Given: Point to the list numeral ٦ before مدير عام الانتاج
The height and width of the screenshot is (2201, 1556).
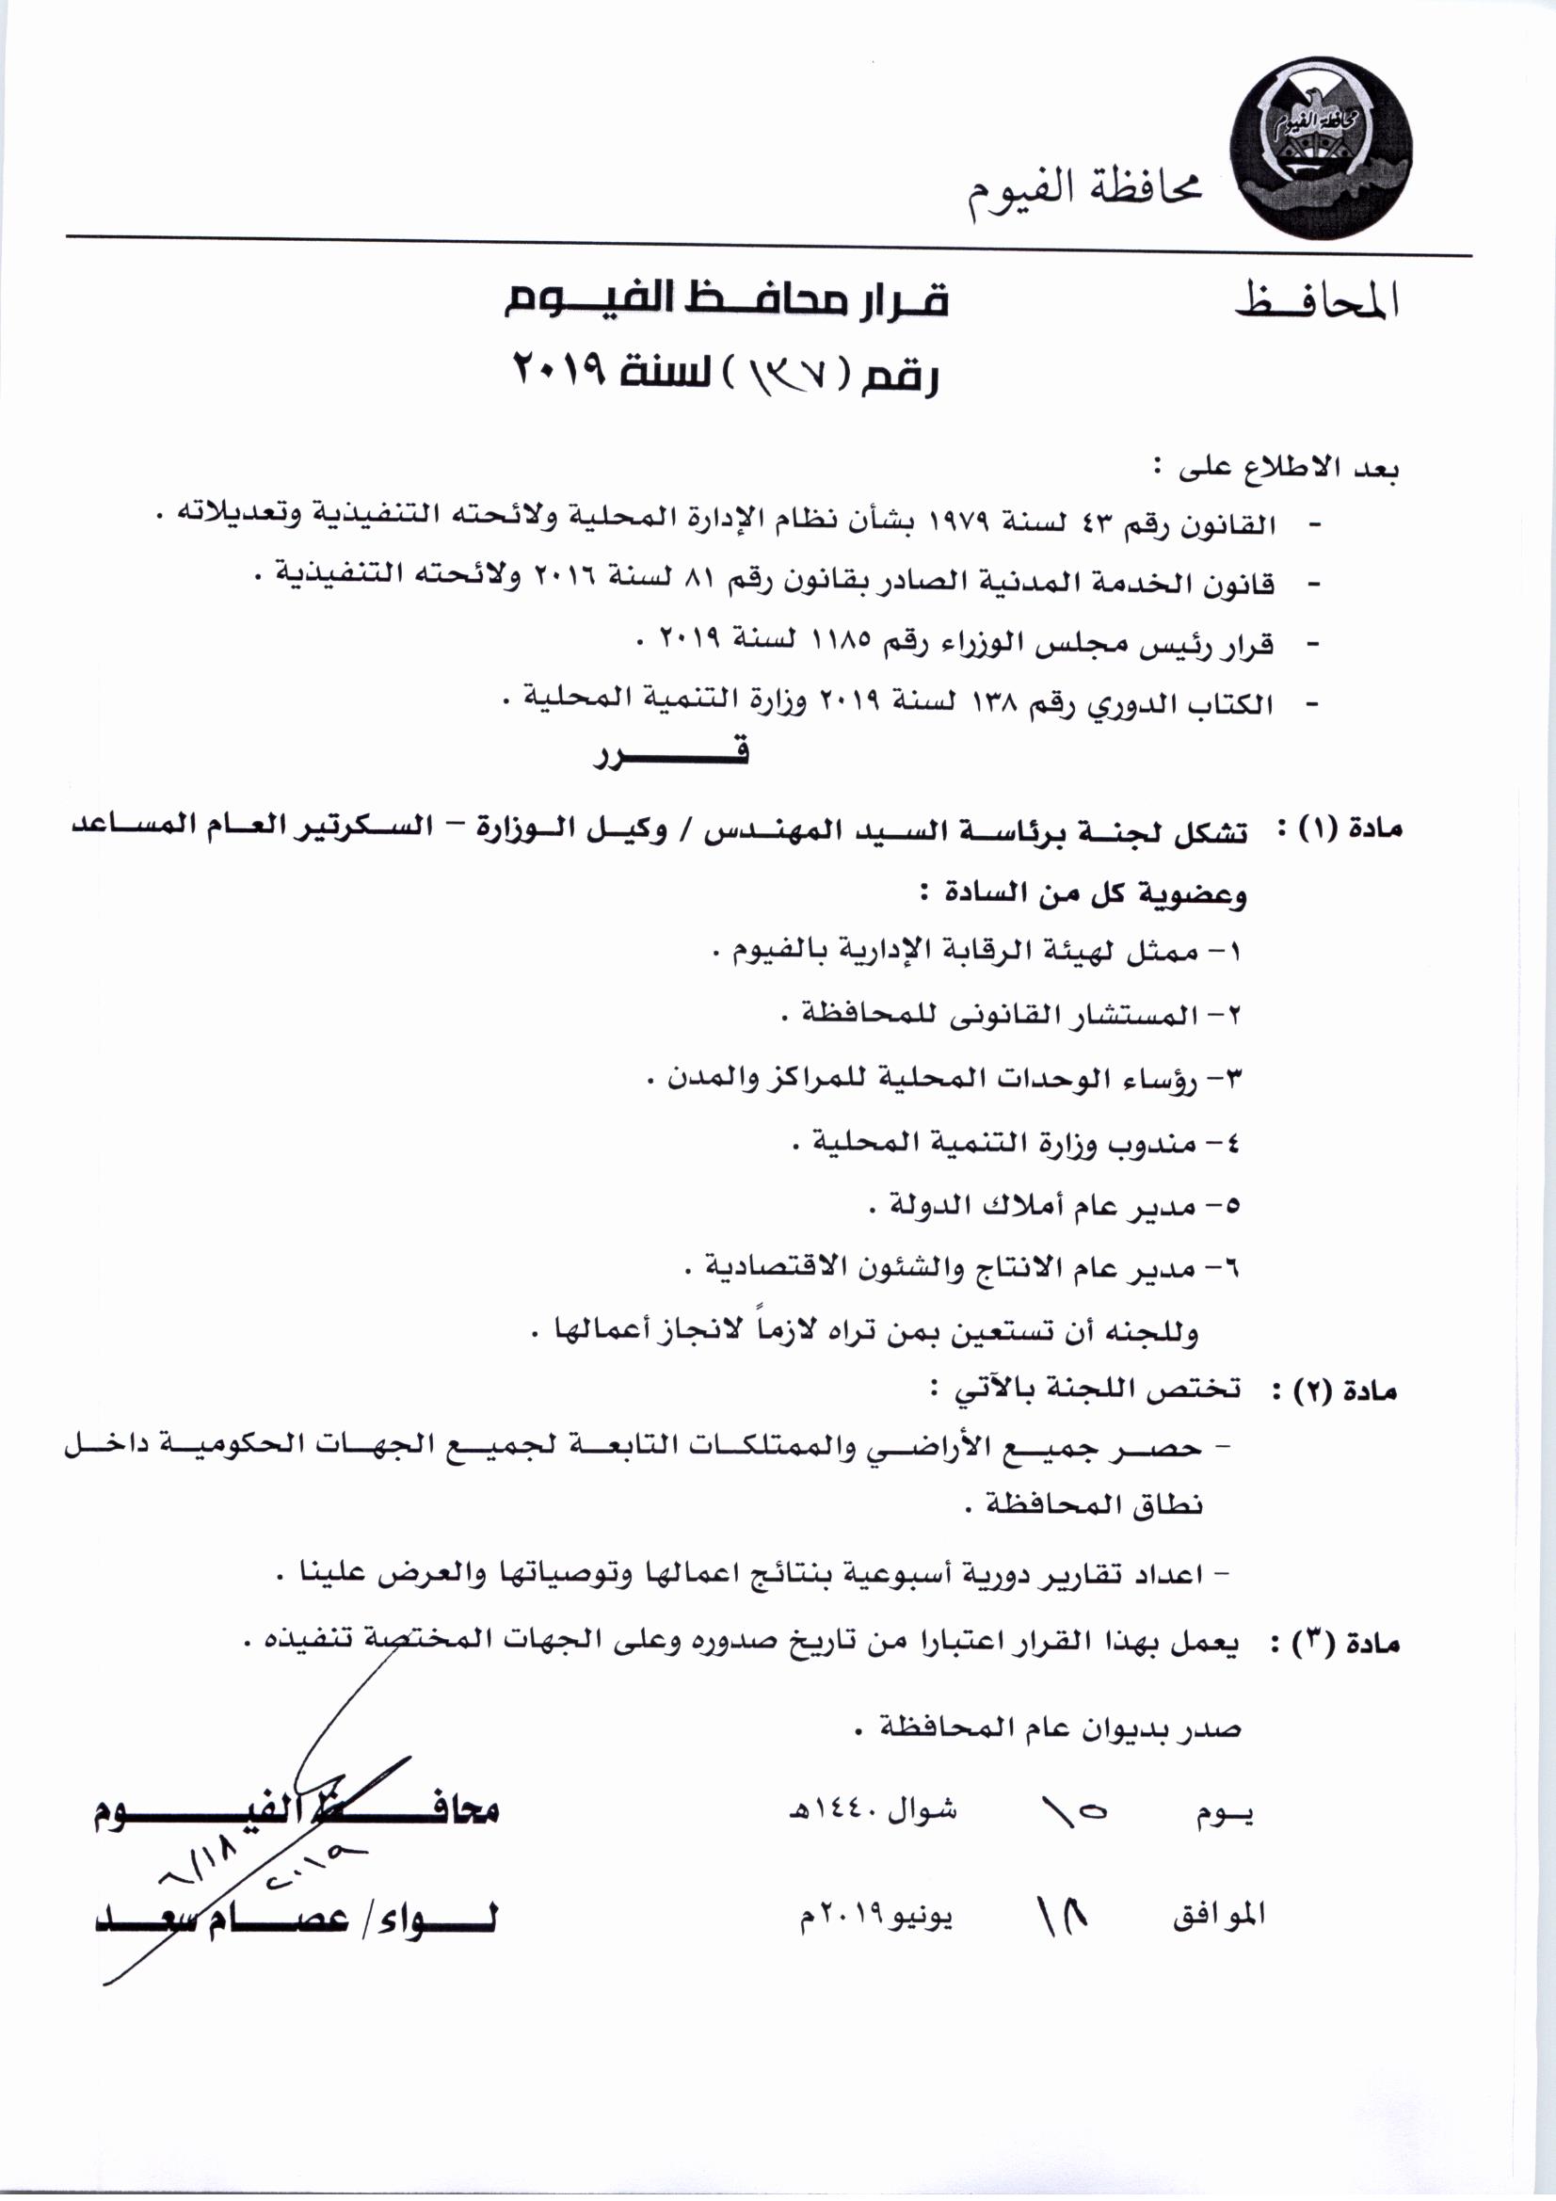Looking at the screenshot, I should (x=1231, y=1266).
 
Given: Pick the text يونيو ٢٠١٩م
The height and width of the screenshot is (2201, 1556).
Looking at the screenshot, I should (x=876, y=1915).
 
